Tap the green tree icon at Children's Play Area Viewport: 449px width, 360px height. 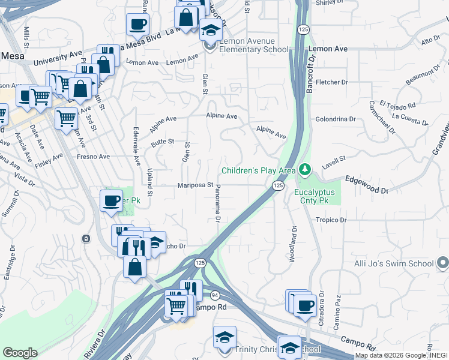point(306,170)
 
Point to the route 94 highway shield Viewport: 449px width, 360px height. point(214,294)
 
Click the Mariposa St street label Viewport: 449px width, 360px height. point(196,185)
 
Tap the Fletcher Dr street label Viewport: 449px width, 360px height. point(332,82)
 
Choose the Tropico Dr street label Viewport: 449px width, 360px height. point(331,220)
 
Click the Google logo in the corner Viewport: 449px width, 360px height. point(20,352)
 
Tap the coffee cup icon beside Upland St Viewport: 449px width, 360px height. point(111,201)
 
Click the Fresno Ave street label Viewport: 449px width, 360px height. point(93,157)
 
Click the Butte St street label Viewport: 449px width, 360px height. point(162,142)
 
